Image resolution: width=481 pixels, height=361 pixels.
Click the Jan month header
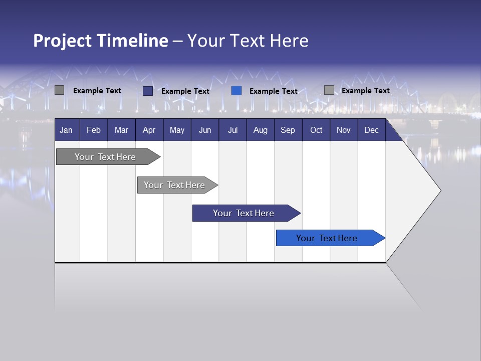click(66, 130)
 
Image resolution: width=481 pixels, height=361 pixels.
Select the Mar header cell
click(121, 130)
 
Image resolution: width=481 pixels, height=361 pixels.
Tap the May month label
click(177, 130)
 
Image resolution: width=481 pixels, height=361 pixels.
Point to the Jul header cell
click(232, 130)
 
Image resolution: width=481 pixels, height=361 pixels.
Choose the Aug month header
click(260, 130)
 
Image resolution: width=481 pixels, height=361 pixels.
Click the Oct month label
click(316, 130)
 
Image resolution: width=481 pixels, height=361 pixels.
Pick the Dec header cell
click(371, 130)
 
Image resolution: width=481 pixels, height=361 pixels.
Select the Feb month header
click(94, 130)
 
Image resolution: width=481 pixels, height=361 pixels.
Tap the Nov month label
click(344, 130)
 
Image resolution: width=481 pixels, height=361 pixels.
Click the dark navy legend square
click(148, 91)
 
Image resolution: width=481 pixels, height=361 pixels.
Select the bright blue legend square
click(236, 91)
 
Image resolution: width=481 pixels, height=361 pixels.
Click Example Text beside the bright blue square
click(274, 91)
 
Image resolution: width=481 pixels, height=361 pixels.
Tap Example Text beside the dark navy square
click(185, 91)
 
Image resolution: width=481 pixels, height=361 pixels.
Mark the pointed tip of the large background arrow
click(440, 191)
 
